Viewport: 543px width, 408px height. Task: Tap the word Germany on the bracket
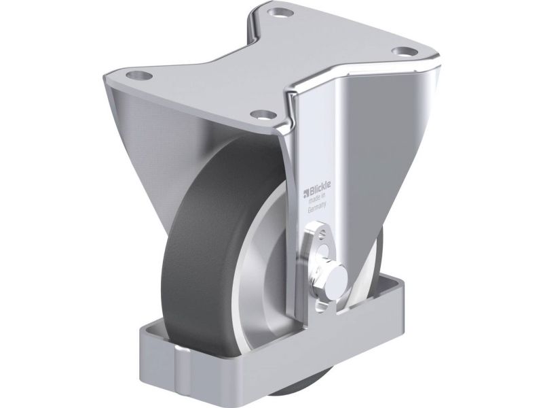point(317,207)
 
